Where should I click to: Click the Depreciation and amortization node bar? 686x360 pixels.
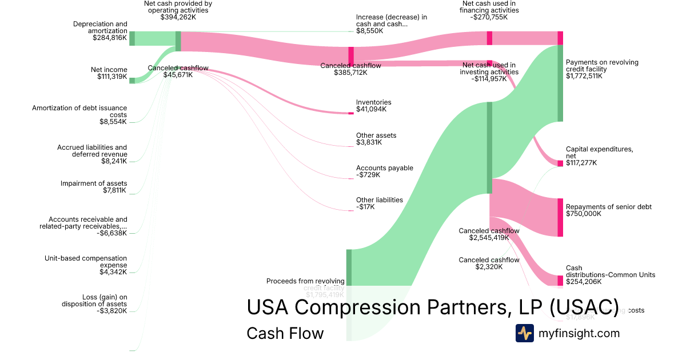(x=132, y=38)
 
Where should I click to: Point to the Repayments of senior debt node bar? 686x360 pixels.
(x=560, y=217)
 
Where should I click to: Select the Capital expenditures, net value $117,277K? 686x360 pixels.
(x=581, y=163)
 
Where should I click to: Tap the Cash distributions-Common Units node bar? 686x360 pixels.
(x=560, y=281)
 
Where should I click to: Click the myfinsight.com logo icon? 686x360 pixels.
(x=524, y=333)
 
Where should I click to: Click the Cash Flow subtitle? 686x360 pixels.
(x=285, y=333)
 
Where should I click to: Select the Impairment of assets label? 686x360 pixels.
(x=94, y=183)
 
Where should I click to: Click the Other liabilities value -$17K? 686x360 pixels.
(x=365, y=207)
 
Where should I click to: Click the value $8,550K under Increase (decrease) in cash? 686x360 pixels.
(x=369, y=31)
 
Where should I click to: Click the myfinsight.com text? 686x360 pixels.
(x=579, y=333)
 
